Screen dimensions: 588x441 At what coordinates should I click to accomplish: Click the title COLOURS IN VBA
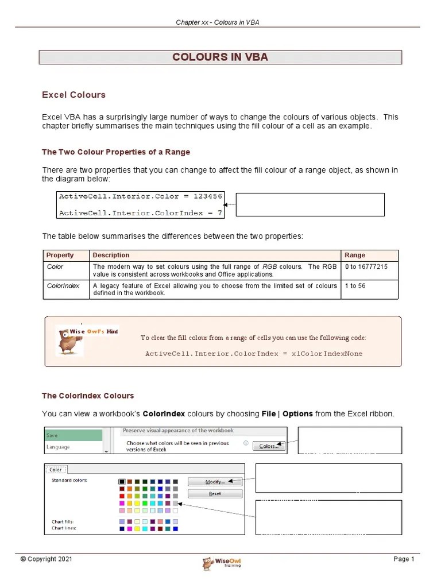point(220,57)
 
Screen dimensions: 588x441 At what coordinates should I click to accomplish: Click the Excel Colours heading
point(73,95)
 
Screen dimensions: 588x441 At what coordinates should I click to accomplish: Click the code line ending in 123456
point(140,196)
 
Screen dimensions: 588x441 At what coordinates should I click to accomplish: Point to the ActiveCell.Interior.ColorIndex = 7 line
point(140,213)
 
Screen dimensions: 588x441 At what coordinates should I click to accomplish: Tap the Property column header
point(60,255)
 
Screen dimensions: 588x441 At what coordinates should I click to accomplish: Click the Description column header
point(111,255)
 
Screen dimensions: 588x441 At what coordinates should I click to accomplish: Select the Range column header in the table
point(354,255)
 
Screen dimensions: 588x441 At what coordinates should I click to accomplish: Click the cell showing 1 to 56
point(355,286)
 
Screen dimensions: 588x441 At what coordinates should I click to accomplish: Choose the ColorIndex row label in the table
point(63,286)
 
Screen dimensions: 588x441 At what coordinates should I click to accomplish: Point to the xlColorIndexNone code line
point(254,354)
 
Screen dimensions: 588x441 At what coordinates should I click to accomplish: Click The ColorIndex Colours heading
point(88,396)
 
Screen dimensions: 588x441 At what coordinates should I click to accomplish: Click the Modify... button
point(215,482)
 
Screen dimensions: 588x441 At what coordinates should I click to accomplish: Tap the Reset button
point(215,494)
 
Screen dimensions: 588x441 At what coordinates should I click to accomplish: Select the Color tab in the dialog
point(56,470)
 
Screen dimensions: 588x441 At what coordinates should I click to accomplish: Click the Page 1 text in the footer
point(403,559)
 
